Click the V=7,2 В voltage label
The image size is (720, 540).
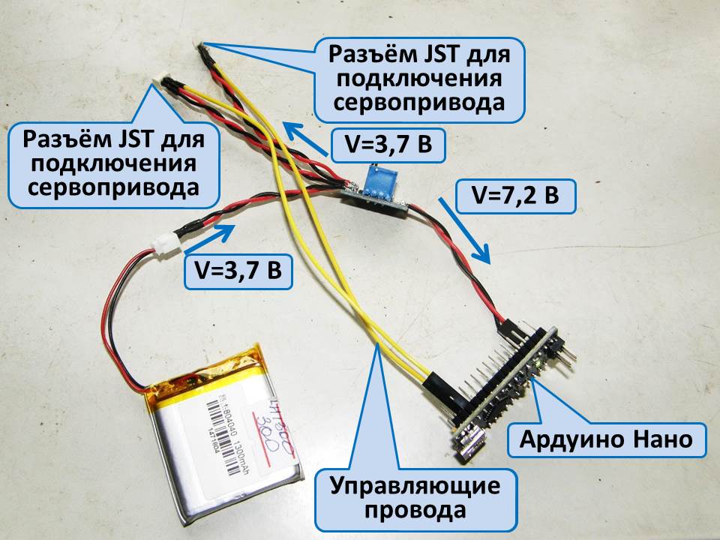pyautogui.click(x=515, y=196)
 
